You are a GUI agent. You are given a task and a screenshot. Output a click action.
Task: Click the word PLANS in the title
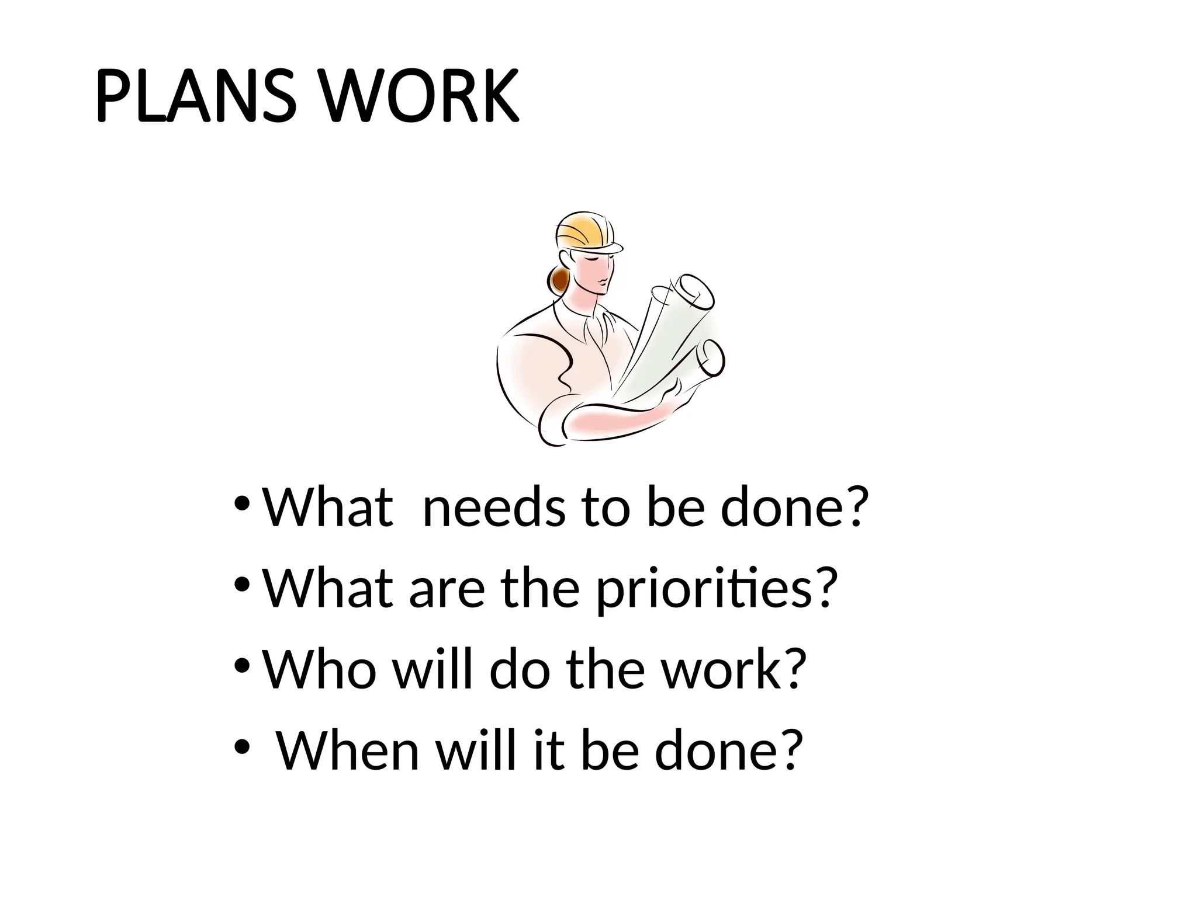[192, 97]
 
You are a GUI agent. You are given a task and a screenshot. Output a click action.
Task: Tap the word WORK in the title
[420, 97]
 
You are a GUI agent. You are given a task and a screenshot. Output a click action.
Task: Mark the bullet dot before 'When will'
[241, 747]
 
